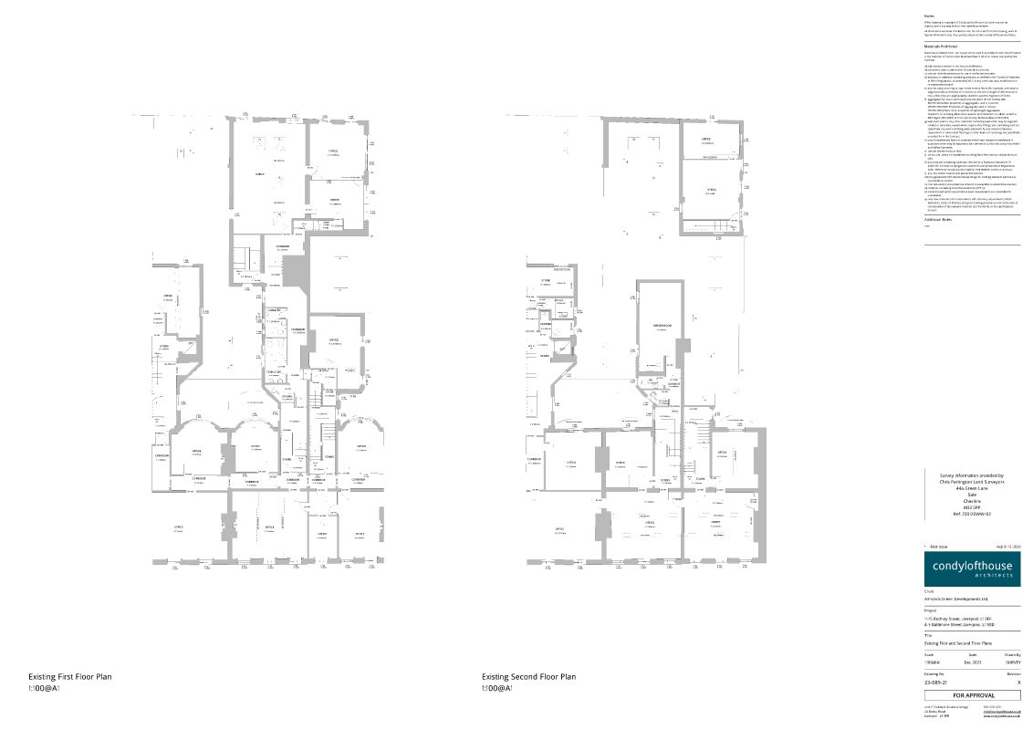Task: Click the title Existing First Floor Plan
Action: tap(70, 677)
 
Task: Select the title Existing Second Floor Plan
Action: tap(529, 677)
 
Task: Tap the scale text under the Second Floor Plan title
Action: tap(497, 687)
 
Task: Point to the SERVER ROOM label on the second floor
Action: tap(662, 326)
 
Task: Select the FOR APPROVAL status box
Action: tap(972, 694)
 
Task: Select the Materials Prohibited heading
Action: tap(944, 44)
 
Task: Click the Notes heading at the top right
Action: tap(929, 16)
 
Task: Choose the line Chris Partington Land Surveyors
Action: tap(972, 482)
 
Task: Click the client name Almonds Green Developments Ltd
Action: tap(955, 600)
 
